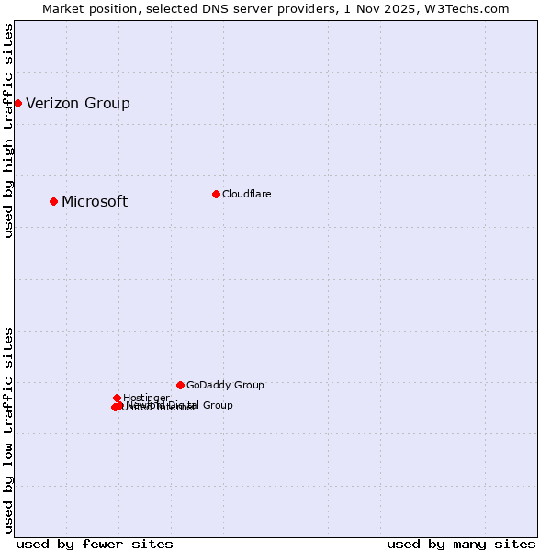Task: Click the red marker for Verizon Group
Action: (x=17, y=103)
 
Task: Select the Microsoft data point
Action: (x=53, y=201)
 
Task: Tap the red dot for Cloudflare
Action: (x=216, y=194)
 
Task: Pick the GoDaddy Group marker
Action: (x=180, y=385)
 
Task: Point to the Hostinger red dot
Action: (x=117, y=398)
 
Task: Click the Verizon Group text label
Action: (x=78, y=103)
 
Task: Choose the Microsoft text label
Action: (x=95, y=202)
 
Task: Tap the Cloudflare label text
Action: (x=246, y=194)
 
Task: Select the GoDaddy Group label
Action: (x=225, y=386)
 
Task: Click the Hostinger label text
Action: (x=146, y=398)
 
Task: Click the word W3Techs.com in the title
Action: (x=470, y=8)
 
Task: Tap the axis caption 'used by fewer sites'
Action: (x=95, y=544)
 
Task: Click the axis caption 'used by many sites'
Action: (x=461, y=544)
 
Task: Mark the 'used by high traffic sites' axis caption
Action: (x=8, y=130)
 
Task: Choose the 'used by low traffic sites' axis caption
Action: (x=8, y=429)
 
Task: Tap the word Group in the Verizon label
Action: (x=107, y=103)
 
